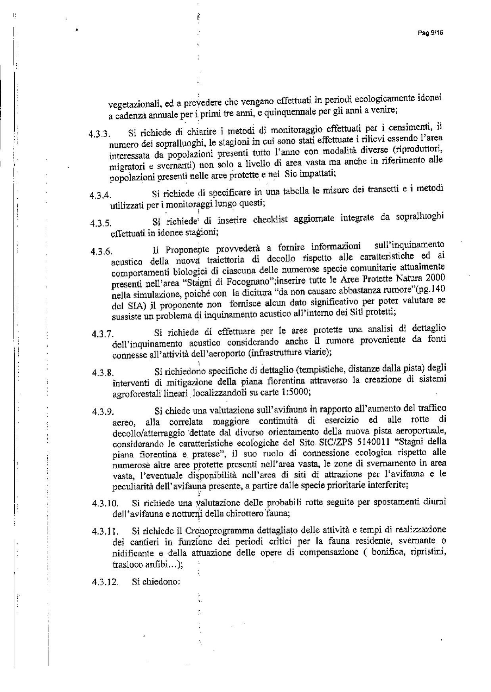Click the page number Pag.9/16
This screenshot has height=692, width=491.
pyautogui.click(x=430, y=33)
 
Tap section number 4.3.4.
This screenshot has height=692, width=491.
pyautogui.click(x=100, y=196)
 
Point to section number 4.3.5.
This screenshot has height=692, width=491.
pyautogui.click(x=100, y=223)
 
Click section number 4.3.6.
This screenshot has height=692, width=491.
pyautogui.click(x=101, y=251)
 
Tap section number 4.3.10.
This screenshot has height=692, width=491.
pyautogui.click(x=105, y=504)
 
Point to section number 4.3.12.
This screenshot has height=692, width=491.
pyautogui.click(x=105, y=582)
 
